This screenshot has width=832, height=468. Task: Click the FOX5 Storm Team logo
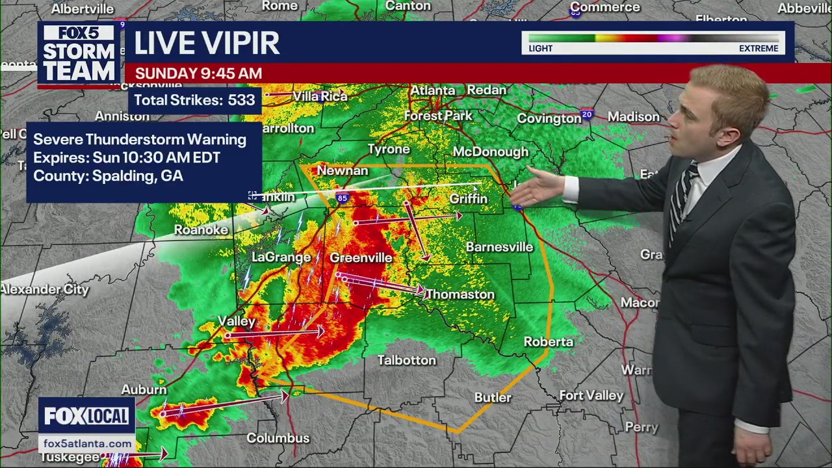pyautogui.click(x=79, y=54)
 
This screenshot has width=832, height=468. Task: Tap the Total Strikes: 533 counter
pyautogui.click(x=194, y=100)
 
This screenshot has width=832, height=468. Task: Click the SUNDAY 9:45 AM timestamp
pyautogui.click(x=198, y=73)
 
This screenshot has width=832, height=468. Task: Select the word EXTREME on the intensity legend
pyautogui.click(x=758, y=49)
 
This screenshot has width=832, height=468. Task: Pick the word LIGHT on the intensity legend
pyautogui.click(x=540, y=49)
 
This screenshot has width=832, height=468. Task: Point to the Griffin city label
pyautogui.click(x=468, y=199)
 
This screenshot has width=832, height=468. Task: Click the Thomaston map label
pyautogui.click(x=460, y=294)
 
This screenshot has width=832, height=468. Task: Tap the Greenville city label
pyautogui.click(x=361, y=258)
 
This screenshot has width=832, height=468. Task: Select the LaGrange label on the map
pyautogui.click(x=281, y=257)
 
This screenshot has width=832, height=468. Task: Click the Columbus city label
pyautogui.click(x=278, y=438)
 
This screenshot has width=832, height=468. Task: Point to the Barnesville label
pyautogui.click(x=499, y=247)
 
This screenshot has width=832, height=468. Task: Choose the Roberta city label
pyautogui.click(x=549, y=342)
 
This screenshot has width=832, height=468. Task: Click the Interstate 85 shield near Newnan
pyautogui.click(x=342, y=197)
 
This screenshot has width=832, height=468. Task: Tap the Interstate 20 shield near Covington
pyautogui.click(x=587, y=114)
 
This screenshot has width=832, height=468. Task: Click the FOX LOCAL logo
pyautogui.click(x=86, y=416)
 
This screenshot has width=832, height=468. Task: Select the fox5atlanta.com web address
pyautogui.click(x=87, y=443)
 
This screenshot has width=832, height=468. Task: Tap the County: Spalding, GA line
pyautogui.click(x=108, y=176)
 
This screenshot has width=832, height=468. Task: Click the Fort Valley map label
pyautogui.click(x=591, y=395)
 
